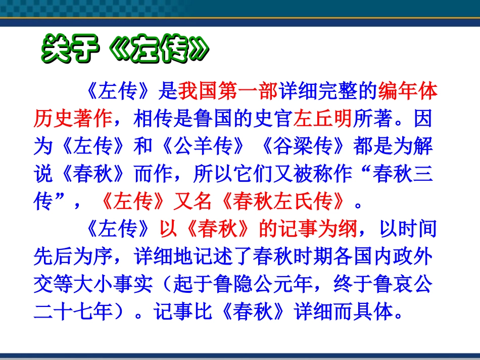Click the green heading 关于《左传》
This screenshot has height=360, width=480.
point(124,50)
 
